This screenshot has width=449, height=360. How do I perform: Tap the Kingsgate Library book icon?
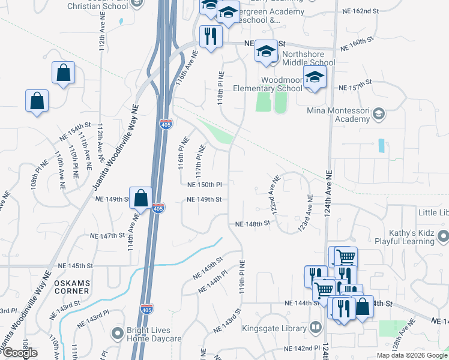pos(316,328)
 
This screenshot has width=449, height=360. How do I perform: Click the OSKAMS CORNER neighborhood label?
pos(71,287)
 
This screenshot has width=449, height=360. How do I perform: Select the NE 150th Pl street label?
pos(205,185)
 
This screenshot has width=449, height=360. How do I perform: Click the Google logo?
pos(20,353)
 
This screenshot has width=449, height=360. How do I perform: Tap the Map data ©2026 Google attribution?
pos(411,355)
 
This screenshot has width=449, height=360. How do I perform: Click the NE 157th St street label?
pos(356,88)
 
